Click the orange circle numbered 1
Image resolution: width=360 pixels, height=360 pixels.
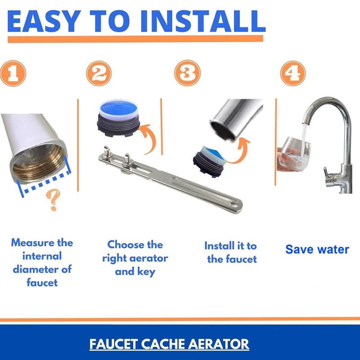point(13,73)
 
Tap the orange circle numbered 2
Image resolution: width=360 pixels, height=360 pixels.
point(99,73)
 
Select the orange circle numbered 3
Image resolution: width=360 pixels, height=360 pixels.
point(187,73)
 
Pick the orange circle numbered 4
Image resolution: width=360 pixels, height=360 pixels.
point(293,73)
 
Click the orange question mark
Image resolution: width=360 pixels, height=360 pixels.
point(53,200)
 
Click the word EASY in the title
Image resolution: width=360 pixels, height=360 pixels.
point(44,21)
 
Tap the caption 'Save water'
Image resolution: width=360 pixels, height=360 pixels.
point(317,249)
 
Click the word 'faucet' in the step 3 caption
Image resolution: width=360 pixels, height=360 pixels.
point(241,259)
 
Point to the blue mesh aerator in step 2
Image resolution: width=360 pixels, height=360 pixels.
point(118,118)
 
